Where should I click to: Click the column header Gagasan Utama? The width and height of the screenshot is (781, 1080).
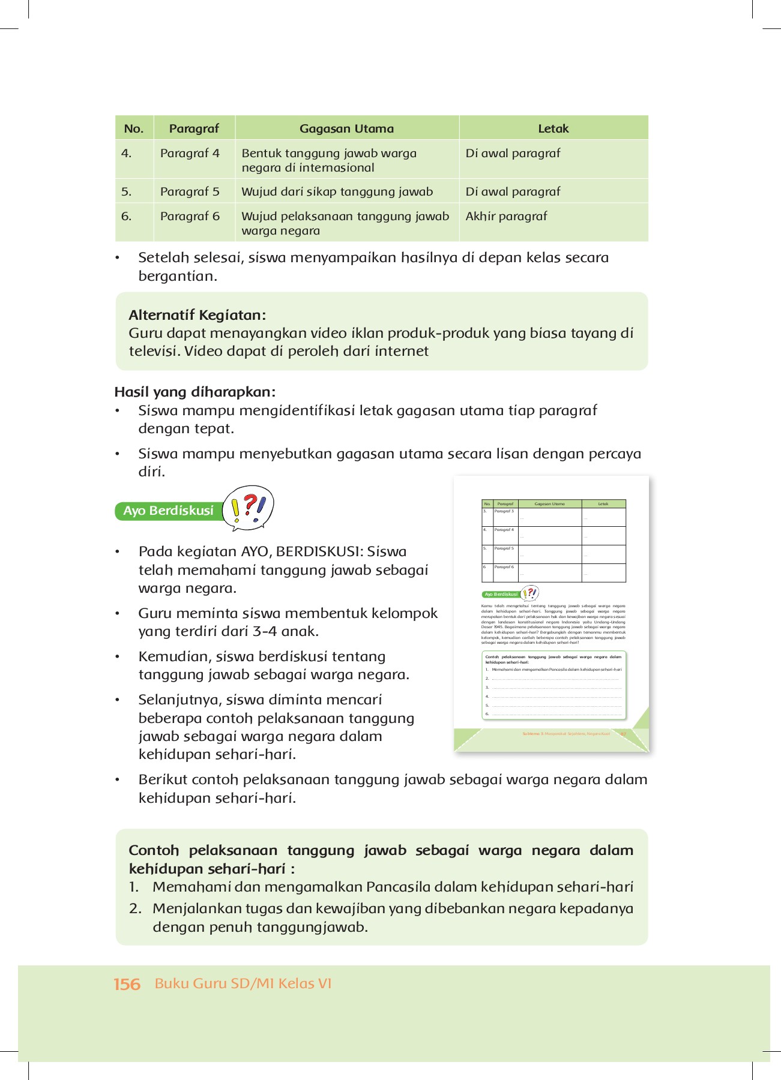[x=346, y=128]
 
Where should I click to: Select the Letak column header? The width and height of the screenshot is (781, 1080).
[x=553, y=128]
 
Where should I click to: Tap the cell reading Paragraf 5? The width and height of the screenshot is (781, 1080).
[x=190, y=191]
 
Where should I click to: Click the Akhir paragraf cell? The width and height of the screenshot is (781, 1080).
[x=506, y=216]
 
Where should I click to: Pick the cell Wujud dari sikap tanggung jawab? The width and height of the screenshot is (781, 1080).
[x=337, y=191]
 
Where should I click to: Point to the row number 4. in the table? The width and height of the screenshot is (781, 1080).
[x=126, y=153]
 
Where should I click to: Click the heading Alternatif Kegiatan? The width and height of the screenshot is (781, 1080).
[x=197, y=315]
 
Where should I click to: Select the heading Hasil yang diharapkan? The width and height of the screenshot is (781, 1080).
[x=194, y=392]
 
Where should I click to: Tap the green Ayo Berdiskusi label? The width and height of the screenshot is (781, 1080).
[x=168, y=511]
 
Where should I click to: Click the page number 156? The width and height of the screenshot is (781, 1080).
[x=127, y=984]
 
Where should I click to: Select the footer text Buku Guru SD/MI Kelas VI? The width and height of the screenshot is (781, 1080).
[x=243, y=983]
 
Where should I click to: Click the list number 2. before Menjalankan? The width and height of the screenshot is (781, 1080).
[x=135, y=908]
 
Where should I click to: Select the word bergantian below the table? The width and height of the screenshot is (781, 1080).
[x=177, y=276]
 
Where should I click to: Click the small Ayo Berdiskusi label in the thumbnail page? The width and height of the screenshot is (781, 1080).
[x=501, y=594]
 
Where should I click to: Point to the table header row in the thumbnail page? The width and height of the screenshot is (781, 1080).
[x=553, y=504]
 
